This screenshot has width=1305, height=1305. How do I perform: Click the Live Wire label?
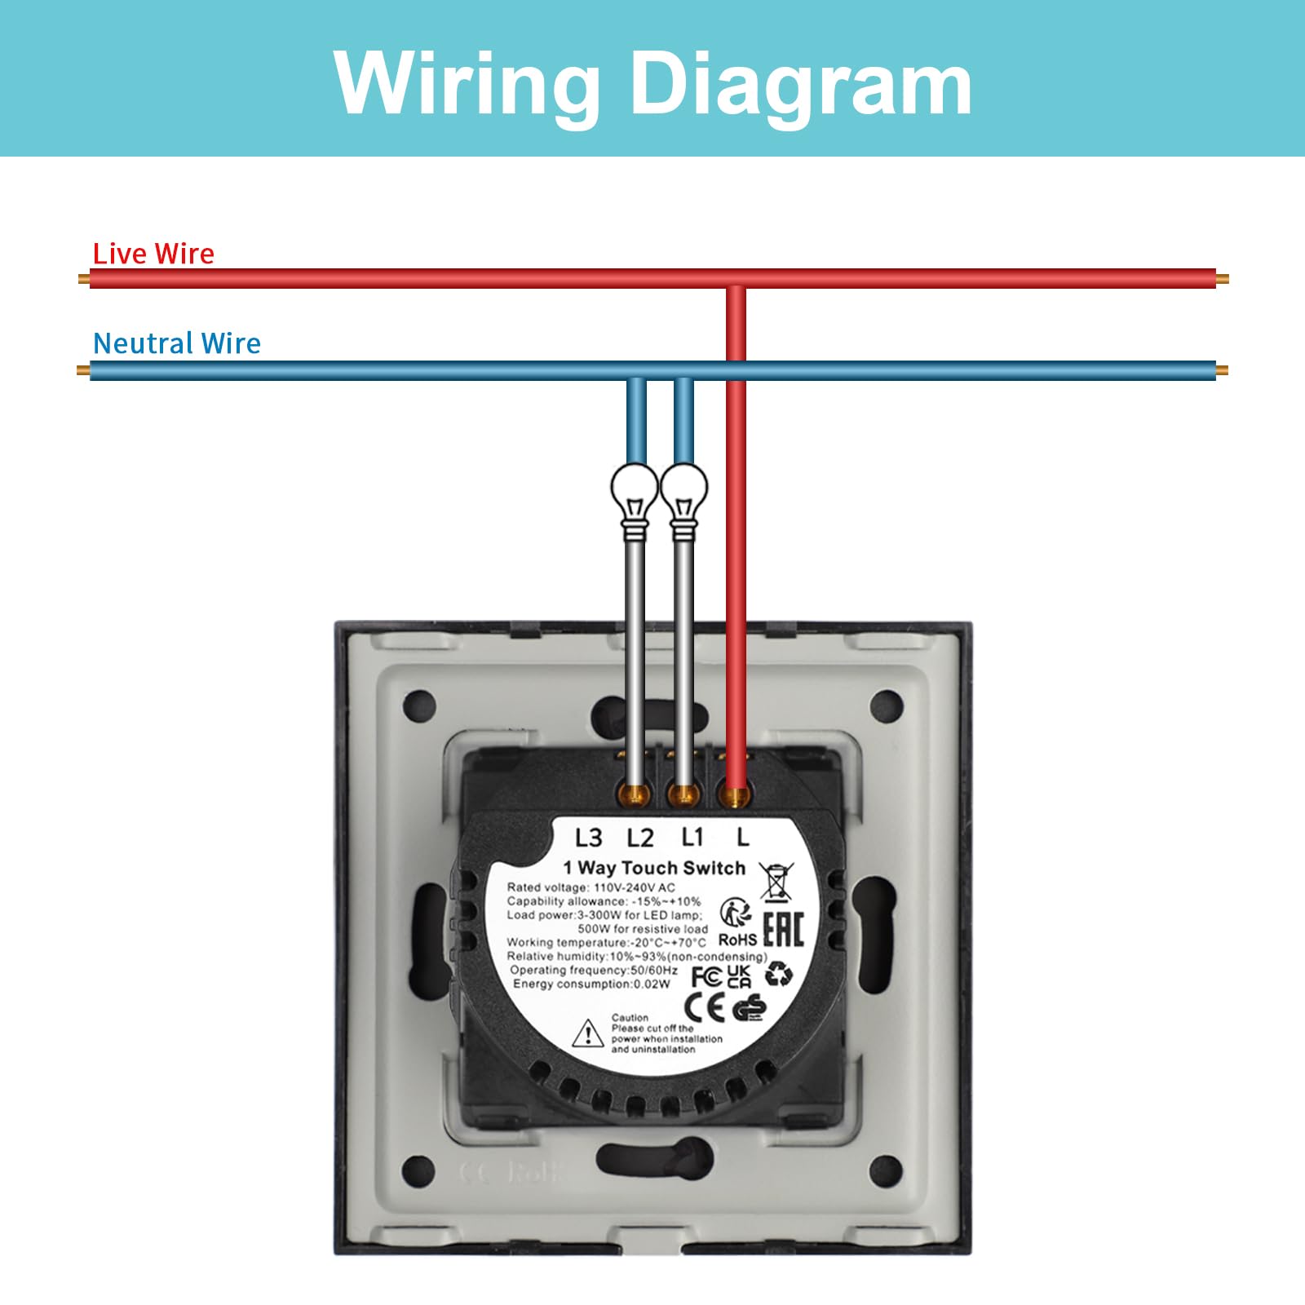[153, 254]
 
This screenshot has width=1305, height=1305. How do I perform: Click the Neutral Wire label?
[177, 343]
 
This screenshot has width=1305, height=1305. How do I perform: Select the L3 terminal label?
[588, 838]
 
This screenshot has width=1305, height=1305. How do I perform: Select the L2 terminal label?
[640, 838]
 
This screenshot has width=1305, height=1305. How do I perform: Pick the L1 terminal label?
[692, 837]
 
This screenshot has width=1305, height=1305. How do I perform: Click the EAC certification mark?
[784, 929]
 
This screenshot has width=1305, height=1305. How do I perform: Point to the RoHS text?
[737, 940]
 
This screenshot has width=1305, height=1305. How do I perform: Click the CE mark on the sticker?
[704, 1008]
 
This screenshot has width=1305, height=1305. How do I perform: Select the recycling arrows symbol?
[779, 973]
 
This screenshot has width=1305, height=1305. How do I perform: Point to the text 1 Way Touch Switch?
[654, 868]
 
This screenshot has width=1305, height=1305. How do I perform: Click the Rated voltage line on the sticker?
[591, 887]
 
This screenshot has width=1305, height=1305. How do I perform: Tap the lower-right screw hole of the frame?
[887, 1172]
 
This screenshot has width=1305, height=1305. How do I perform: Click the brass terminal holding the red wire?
[736, 795]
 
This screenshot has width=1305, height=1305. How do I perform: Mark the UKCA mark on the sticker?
[739, 976]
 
